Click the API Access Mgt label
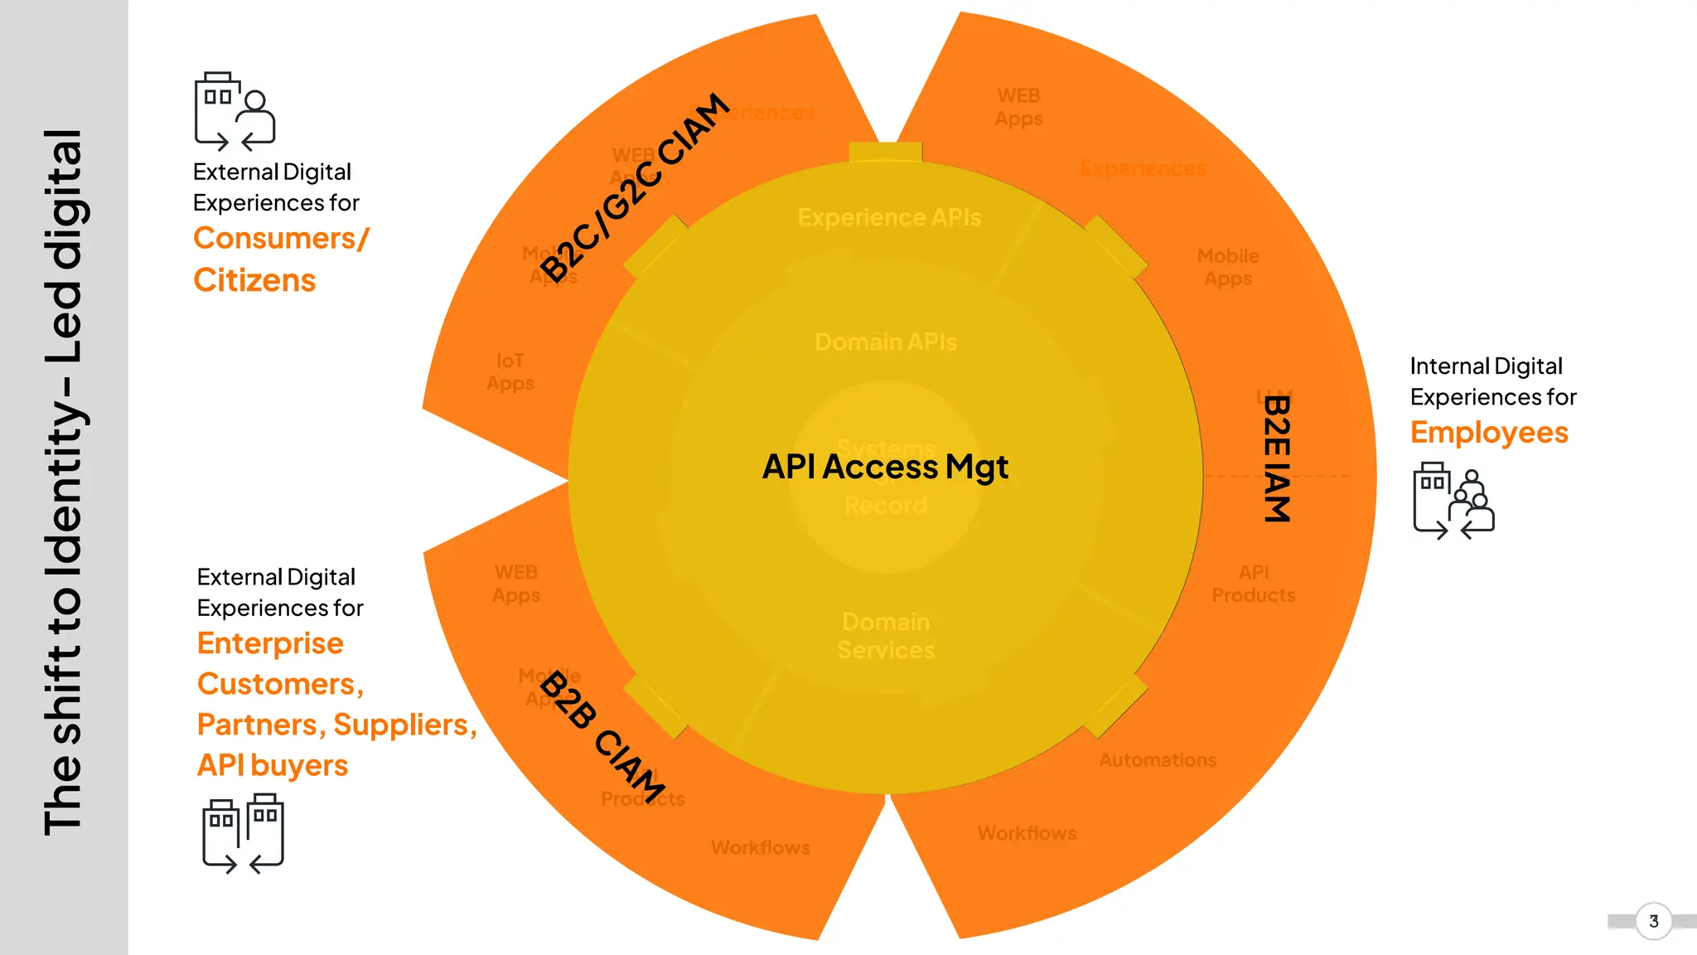click(885, 467)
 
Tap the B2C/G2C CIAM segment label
click(636, 187)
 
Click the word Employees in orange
click(1489, 433)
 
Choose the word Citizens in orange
click(254, 280)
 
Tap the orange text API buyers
click(272, 765)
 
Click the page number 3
click(1653, 921)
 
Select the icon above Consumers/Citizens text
click(234, 111)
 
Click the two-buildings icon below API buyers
click(243, 833)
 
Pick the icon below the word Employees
click(1453, 501)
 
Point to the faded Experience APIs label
click(889, 217)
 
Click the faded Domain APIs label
click(885, 342)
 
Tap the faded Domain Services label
click(886, 636)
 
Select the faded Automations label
click(1158, 760)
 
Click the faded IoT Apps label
click(510, 372)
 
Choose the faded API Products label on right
click(1253, 584)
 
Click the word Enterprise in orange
click(270, 643)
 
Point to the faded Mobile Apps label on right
click(1228, 267)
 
